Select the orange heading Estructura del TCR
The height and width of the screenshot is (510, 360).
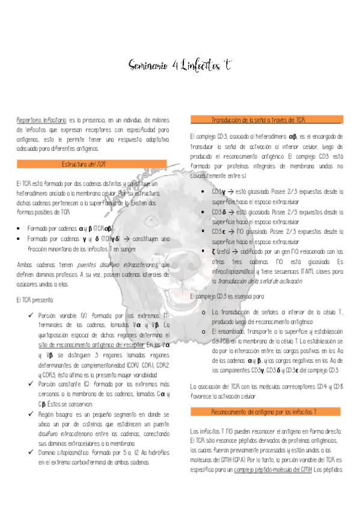tap(84, 164)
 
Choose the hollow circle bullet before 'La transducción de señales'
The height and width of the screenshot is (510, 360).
tap(204, 312)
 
